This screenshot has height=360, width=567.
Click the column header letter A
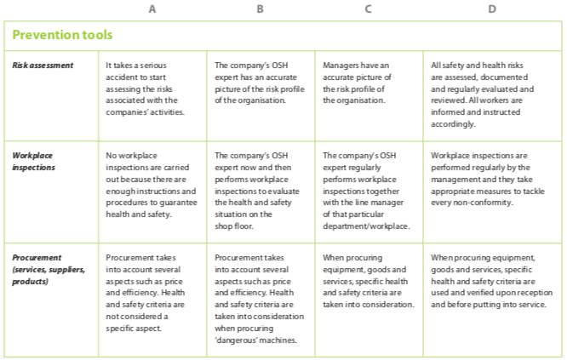[152, 9]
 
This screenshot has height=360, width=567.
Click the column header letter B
[260, 9]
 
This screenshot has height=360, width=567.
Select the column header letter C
[368, 9]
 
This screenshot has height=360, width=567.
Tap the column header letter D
[492, 9]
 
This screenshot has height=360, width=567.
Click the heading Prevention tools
[63, 36]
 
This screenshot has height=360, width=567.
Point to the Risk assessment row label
[43, 65]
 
